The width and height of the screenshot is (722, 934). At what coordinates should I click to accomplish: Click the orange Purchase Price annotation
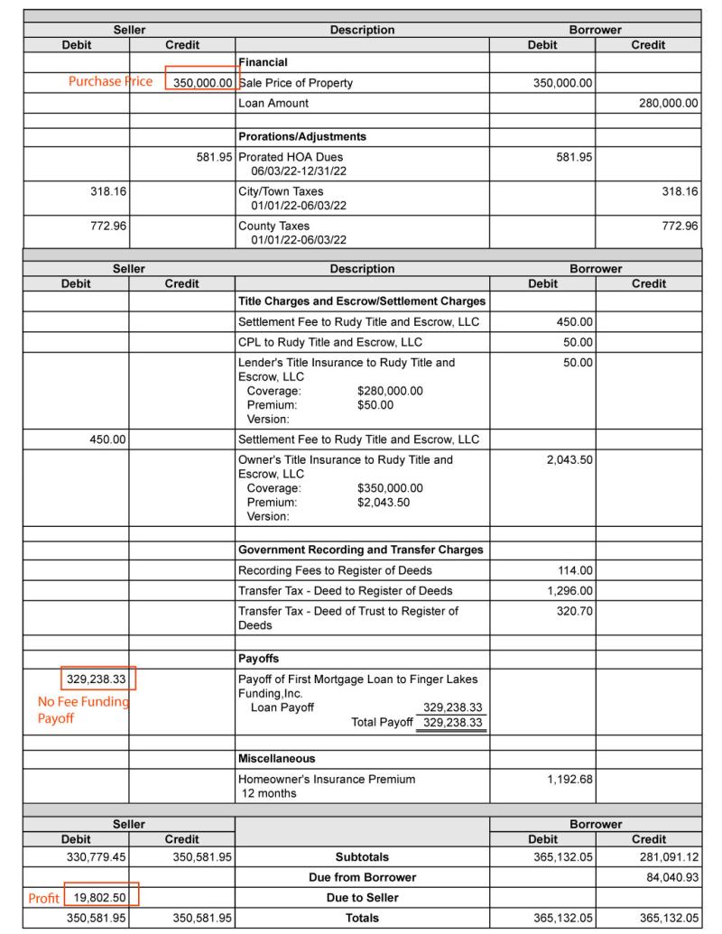(109, 82)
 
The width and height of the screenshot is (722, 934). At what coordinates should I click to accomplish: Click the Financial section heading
(263, 62)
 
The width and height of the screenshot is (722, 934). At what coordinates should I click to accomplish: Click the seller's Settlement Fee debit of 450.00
(106, 440)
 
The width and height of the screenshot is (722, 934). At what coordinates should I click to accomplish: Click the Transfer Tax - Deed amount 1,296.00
(569, 591)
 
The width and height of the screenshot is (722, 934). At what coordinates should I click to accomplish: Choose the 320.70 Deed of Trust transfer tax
(574, 611)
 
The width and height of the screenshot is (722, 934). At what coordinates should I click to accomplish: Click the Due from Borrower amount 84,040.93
(666, 876)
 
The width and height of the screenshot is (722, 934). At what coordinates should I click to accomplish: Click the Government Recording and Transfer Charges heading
(360, 550)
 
